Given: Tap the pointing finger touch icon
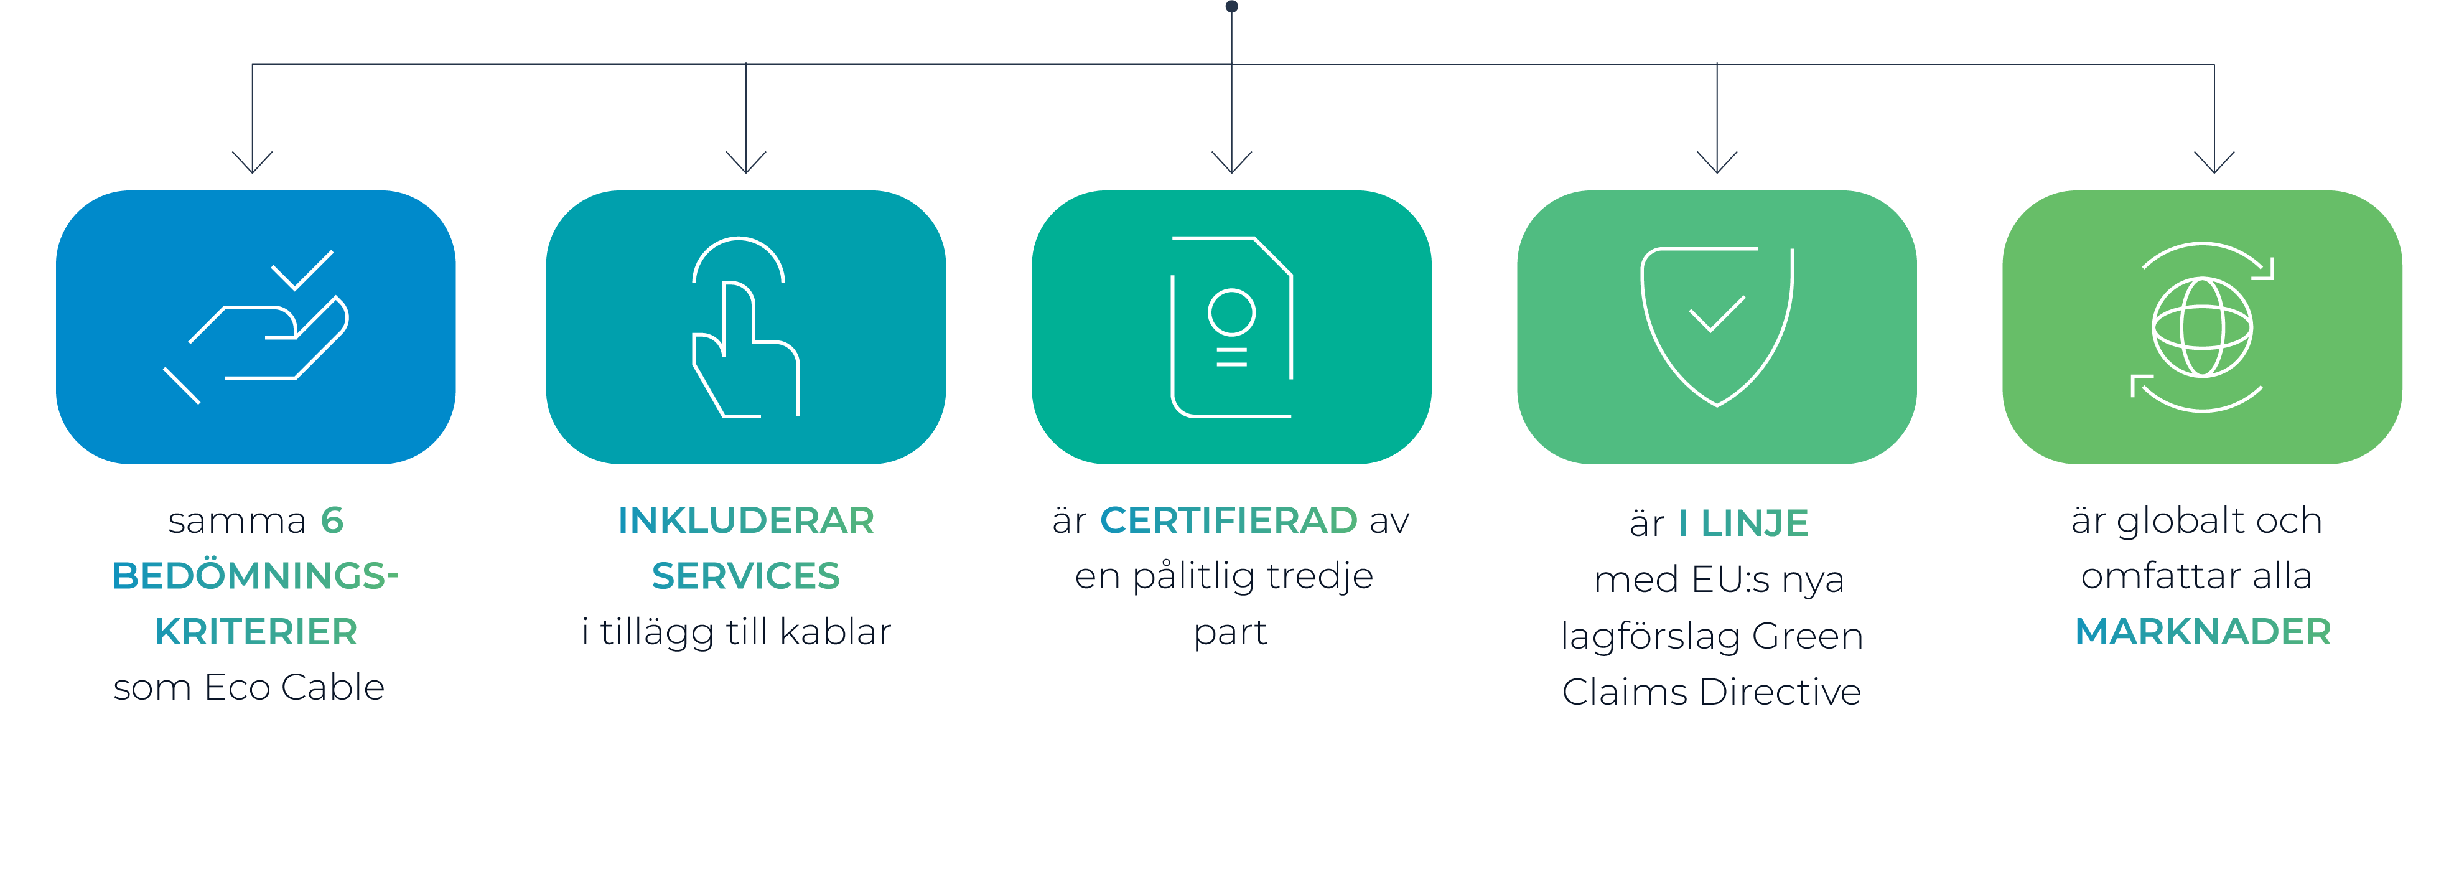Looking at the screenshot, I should click(745, 327).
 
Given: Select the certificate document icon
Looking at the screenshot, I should click(1231, 327).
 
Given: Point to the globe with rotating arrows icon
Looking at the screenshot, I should click(2201, 327).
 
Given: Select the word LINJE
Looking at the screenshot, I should click(1755, 523).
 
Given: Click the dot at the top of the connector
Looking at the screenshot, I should click(1231, 7).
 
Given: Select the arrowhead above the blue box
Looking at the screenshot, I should click(252, 162).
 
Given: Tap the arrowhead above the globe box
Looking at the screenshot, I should click(2214, 162).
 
